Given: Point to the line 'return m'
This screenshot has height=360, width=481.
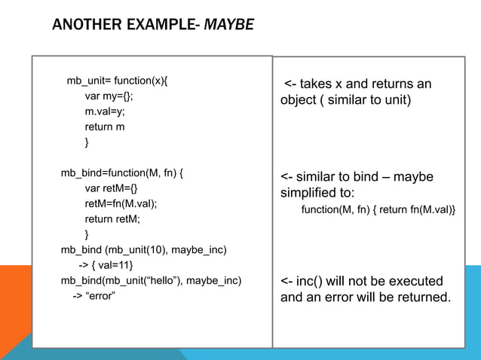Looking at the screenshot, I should click(105, 127).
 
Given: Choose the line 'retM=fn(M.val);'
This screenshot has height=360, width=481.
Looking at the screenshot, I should click(121, 203).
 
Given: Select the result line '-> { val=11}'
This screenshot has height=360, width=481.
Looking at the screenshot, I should click(106, 265).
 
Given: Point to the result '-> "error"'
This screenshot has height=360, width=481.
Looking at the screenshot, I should click(93, 296).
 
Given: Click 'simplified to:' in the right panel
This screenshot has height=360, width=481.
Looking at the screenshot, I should click(317, 192).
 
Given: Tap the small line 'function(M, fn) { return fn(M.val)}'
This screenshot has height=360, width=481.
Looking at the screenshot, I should click(378, 209).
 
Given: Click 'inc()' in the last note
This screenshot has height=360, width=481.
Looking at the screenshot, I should click(311, 282).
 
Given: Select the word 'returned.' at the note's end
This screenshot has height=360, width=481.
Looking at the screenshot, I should click(426, 297).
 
